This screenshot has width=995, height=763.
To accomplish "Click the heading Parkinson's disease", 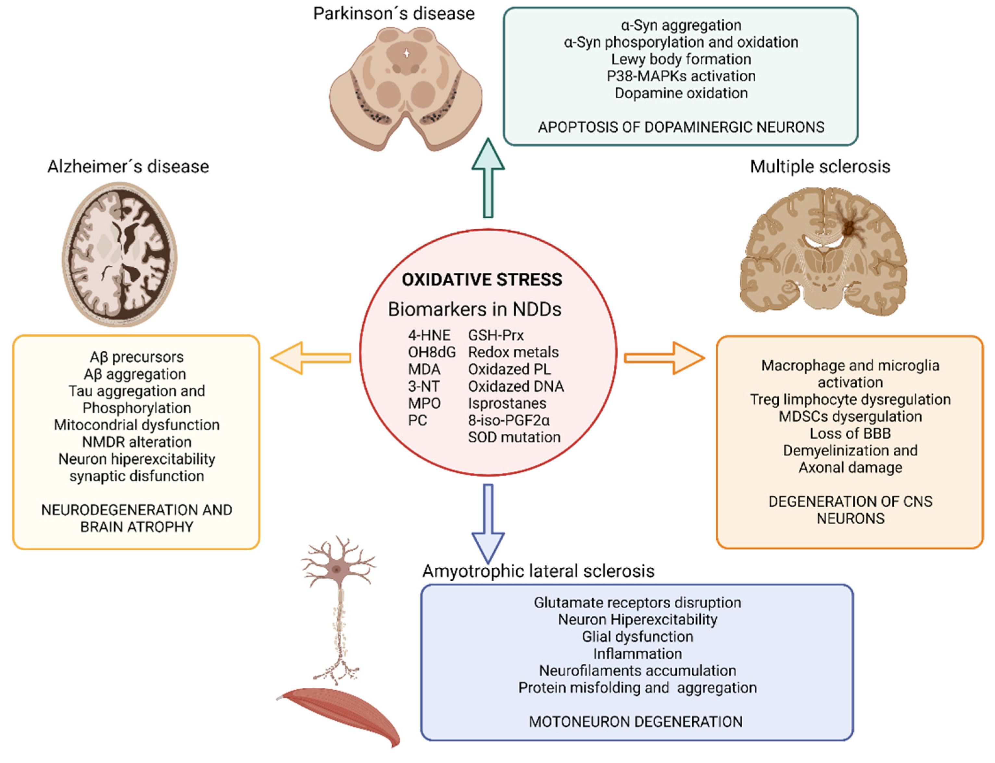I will coord(394,14).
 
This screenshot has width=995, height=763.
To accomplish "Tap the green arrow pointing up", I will coord(488,177).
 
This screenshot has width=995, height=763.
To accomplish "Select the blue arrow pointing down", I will coord(488,522).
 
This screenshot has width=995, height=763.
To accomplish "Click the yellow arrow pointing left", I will coord(311,358).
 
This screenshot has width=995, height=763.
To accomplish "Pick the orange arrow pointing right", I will coord(664,358).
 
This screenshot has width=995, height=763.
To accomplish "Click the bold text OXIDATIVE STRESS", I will coord(482,279).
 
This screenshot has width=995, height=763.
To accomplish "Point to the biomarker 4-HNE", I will coord(429,335).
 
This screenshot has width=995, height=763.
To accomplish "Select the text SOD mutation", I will coord(514,437).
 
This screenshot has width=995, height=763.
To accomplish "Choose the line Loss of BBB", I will coord(850,433).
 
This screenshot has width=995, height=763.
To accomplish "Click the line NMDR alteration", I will coord(136,442).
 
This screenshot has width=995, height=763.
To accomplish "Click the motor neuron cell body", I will coord(336,569).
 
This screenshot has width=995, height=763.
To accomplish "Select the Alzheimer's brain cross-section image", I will coord(119,254).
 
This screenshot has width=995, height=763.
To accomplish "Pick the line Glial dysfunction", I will coord(637,636).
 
